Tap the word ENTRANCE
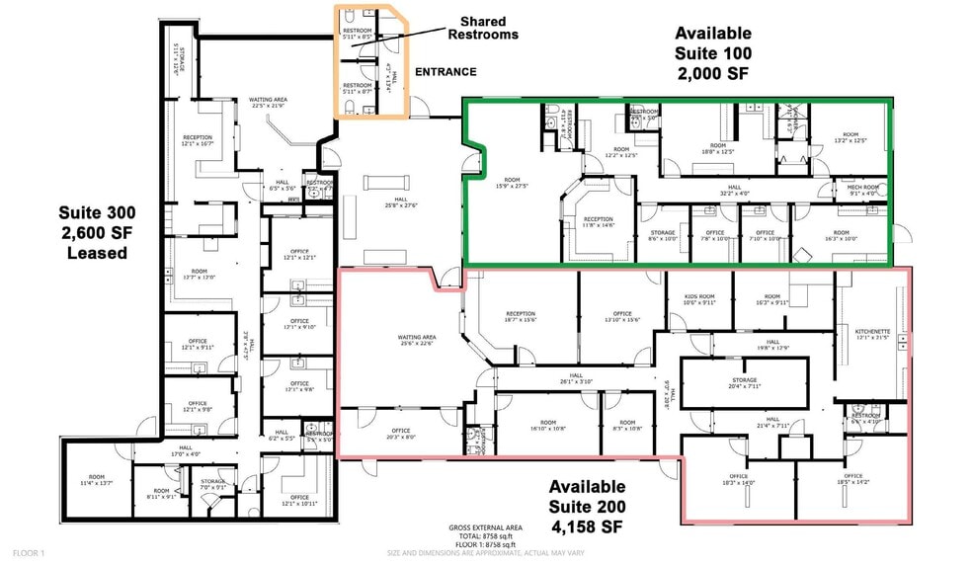(445, 72)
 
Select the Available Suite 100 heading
(712, 52)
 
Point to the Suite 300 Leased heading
(96, 232)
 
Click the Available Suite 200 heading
(587, 505)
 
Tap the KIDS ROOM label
(699, 299)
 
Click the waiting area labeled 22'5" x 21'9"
(268, 103)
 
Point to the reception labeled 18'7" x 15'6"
(521, 316)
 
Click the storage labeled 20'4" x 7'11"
(745, 383)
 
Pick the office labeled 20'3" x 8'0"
(400, 434)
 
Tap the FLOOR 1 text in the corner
(29, 554)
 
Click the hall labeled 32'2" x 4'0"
(734, 190)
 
